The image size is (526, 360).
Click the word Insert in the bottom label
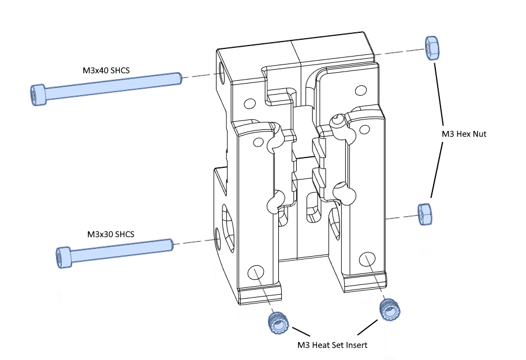[x=353, y=345]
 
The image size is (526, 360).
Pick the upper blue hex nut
[x=432, y=47]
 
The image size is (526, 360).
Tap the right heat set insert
[x=389, y=310]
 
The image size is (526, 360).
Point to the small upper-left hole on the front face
[x=249, y=104]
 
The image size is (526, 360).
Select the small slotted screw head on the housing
[x=337, y=121]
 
